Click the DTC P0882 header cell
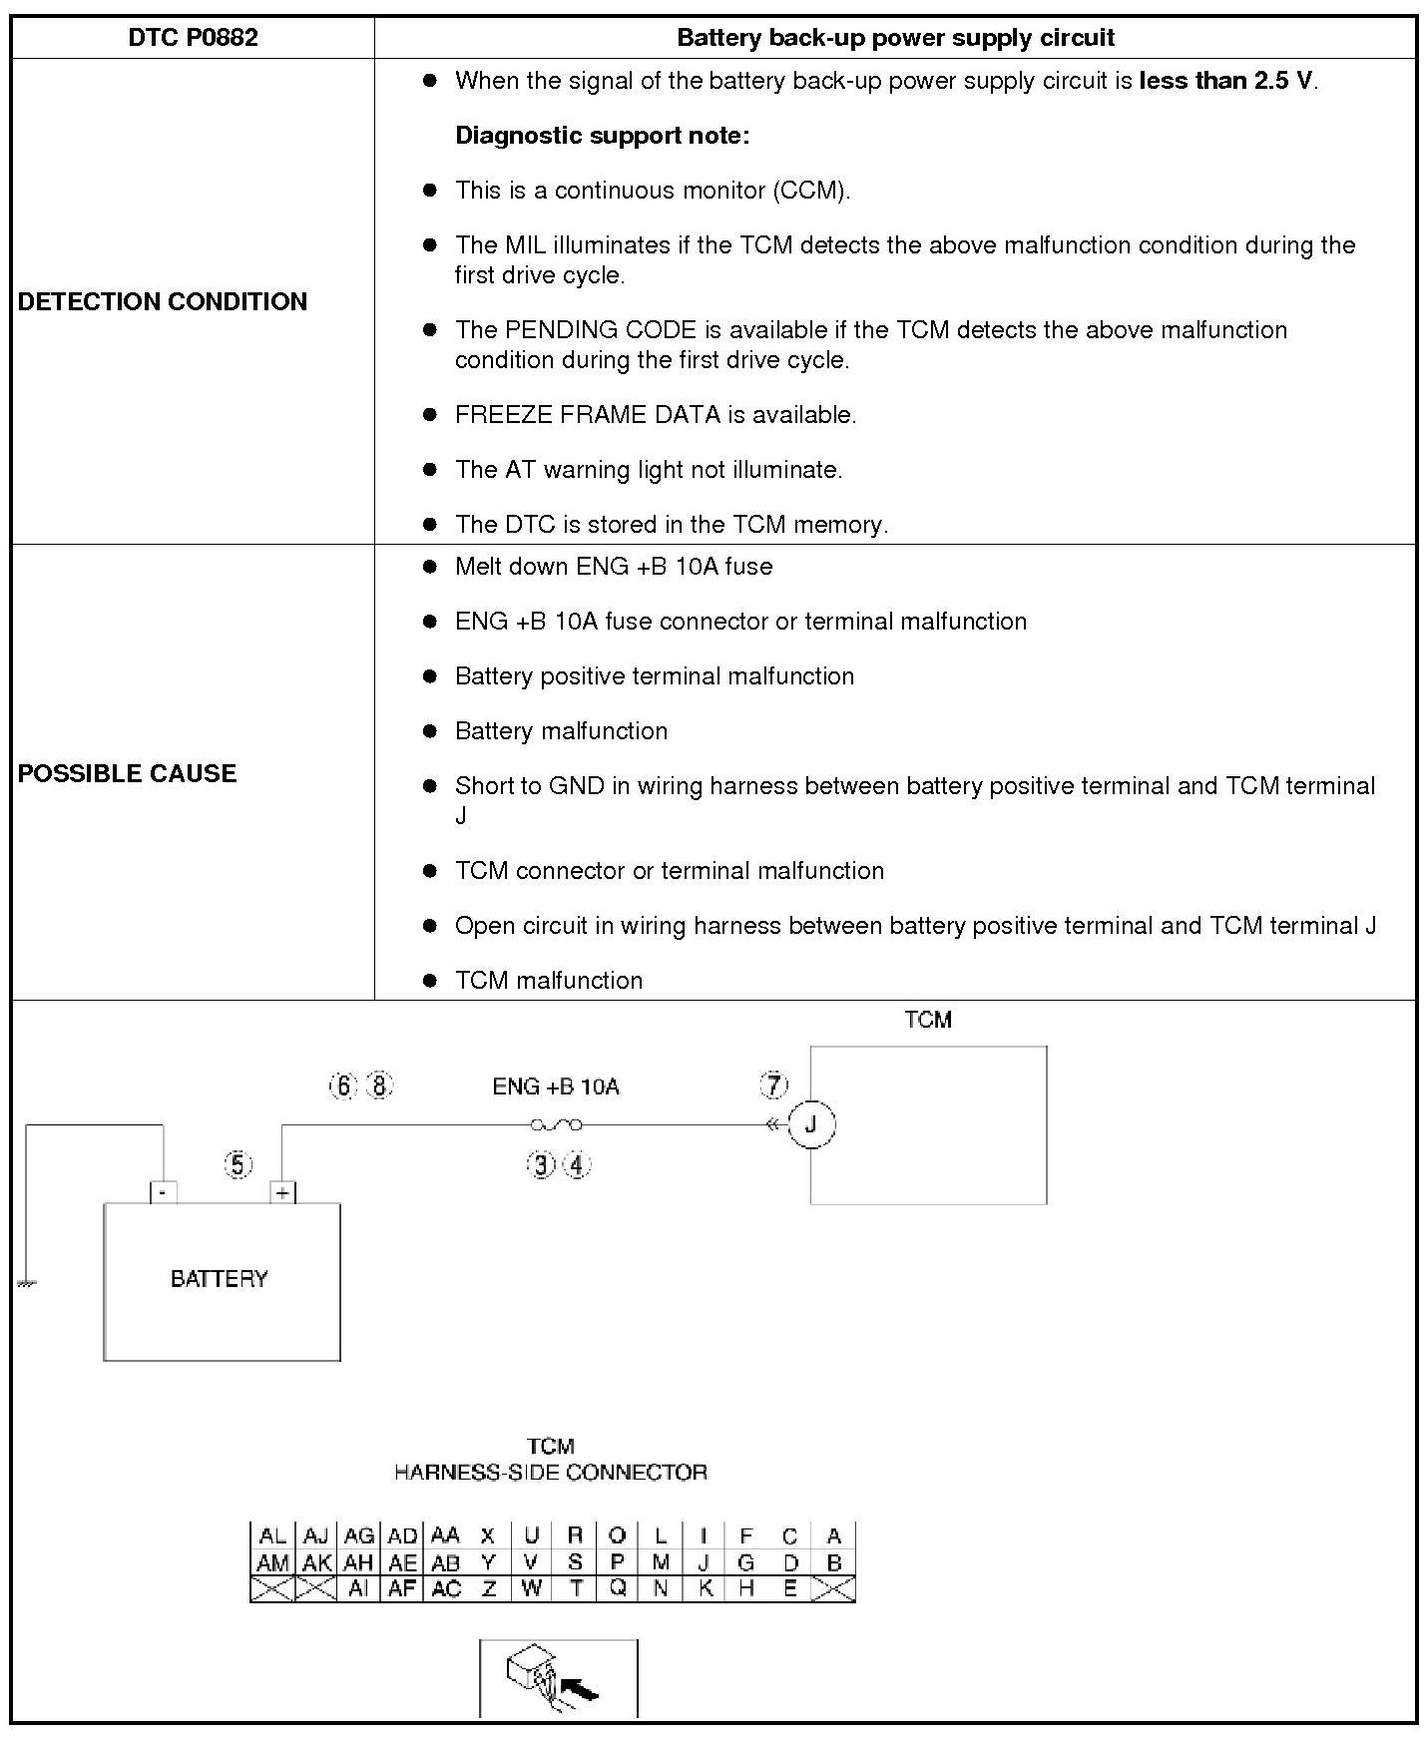coord(193,38)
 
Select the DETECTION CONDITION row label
coord(163,301)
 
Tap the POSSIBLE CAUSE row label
coord(127,773)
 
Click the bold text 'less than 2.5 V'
coord(1226,81)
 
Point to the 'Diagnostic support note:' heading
coord(602,136)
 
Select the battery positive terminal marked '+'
coord(283,1192)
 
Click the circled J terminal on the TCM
coord(811,1125)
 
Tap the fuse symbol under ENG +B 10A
coord(556,1125)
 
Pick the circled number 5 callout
coord(238,1164)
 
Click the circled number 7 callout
coord(773,1086)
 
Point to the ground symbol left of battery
coord(26,1283)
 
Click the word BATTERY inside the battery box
coord(220,1279)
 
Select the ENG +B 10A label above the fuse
coord(556,1086)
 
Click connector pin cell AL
coord(272,1536)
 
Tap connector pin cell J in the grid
coord(704,1562)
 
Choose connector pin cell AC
coord(445,1589)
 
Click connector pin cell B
coord(834,1562)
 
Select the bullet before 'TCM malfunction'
coord(430,981)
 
